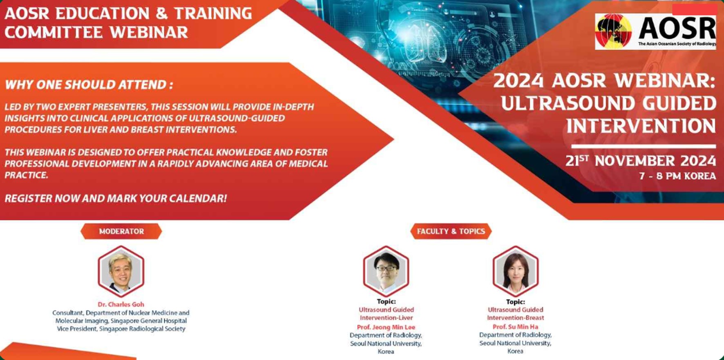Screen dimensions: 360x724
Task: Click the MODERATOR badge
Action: click(x=121, y=231)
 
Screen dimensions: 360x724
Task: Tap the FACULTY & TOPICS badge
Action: click(x=451, y=231)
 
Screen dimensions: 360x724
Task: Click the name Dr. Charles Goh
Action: click(x=121, y=304)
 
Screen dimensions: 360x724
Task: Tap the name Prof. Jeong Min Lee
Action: click(x=386, y=327)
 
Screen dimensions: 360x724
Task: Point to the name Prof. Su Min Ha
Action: click(x=515, y=327)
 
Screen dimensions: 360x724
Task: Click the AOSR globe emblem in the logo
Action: click(x=613, y=31)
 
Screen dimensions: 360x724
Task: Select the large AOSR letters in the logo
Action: click(x=677, y=28)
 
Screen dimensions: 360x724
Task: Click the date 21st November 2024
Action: click(x=640, y=161)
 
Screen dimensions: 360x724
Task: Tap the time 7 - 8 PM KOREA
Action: click(x=677, y=176)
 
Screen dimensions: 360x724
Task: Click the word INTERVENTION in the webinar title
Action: click(x=641, y=126)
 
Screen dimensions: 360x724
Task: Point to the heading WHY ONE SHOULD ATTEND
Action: click(x=89, y=85)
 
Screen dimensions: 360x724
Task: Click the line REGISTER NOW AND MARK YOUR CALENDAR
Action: click(x=116, y=199)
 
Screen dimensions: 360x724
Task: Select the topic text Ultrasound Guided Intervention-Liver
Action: click(x=386, y=314)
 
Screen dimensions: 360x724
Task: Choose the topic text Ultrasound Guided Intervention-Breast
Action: click(x=515, y=314)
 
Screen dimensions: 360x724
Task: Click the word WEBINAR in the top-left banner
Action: click(x=149, y=32)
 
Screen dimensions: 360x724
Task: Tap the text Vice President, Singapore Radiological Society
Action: click(x=121, y=329)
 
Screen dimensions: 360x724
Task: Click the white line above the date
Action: click(x=643, y=146)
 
